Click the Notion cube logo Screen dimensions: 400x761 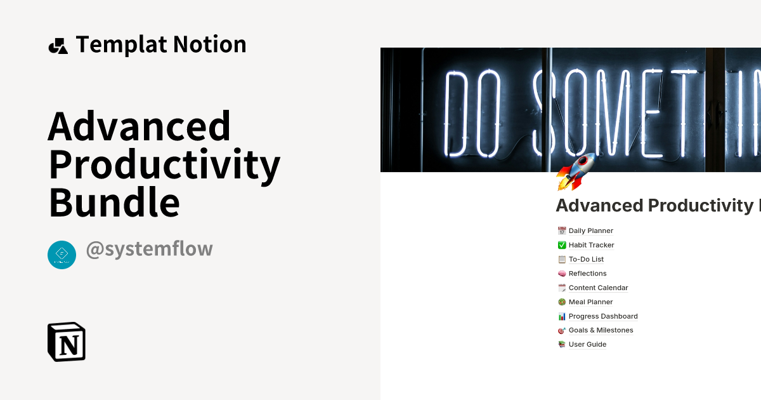[67, 342]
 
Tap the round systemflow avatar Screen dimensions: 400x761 [62, 255]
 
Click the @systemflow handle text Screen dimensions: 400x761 [149, 249]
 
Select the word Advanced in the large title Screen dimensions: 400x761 [140, 126]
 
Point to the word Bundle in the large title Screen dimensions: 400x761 [114, 203]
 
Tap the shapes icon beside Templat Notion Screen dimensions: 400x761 [58, 46]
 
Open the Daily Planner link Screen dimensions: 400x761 [590, 231]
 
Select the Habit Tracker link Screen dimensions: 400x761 [591, 245]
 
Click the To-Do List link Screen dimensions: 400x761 [586, 259]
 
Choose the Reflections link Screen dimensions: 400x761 [587, 274]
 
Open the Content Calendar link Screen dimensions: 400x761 [598, 288]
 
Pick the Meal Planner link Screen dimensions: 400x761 [590, 302]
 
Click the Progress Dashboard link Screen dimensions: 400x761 [602, 316]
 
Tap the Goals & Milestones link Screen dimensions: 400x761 [601, 330]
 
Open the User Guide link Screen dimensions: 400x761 [587, 345]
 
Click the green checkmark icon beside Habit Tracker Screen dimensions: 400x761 [562, 245]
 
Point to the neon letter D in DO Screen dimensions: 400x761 [462, 114]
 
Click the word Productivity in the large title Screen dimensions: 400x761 [164, 164]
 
